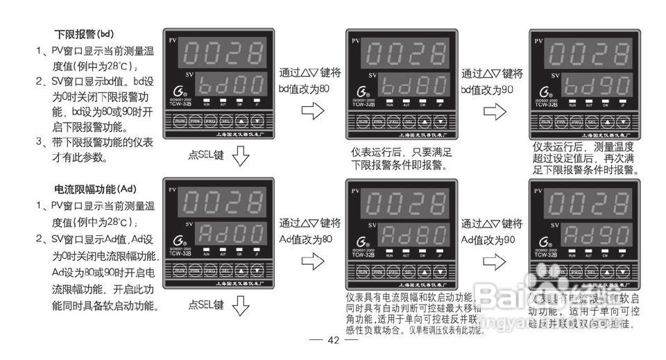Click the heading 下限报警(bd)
pyautogui.click(x=84, y=33)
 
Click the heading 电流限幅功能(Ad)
pyautogui.click(x=96, y=188)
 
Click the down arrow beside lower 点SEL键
pyautogui.click(x=240, y=305)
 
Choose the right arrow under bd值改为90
pyautogui.click(x=494, y=111)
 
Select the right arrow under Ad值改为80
pyautogui.click(x=313, y=262)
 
